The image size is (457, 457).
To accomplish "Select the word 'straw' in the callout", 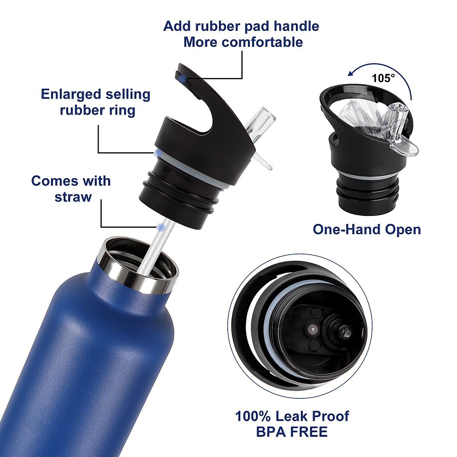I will (73, 197).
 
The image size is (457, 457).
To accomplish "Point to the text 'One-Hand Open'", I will (367, 230).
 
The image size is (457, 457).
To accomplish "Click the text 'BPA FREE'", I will (292, 432).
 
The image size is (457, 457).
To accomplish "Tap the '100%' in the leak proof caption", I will (253, 416).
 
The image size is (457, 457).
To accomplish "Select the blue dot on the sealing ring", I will (157, 153).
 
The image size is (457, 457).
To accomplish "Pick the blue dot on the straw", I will (161, 227).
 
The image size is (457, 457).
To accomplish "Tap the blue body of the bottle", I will (95, 362).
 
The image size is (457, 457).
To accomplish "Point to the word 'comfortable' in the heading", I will (262, 42).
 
